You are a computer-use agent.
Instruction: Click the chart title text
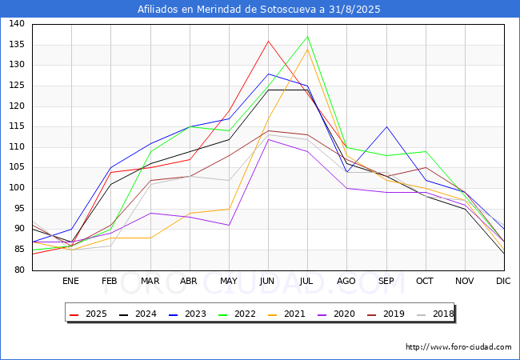click(x=259, y=10)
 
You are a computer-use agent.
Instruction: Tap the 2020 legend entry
click(x=344, y=314)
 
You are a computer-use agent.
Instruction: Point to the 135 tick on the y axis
click(x=17, y=45)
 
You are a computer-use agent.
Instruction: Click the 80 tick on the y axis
click(x=19, y=270)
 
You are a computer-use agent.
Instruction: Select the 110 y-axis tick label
click(x=17, y=147)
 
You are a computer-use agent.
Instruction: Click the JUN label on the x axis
click(x=268, y=281)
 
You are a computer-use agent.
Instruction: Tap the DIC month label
click(x=503, y=281)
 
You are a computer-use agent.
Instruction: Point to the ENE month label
click(x=70, y=281)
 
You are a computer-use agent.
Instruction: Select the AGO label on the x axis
click(x=346, y=281)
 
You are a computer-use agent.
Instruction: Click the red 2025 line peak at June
click(x=268, y=41)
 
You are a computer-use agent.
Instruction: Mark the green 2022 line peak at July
click(x=307, y=37)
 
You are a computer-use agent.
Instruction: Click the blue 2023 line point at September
click(x=386, y=126)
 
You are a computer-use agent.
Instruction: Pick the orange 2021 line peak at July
click(x=307, y=49)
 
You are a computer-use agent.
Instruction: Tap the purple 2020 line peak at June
click(x=268, y=139)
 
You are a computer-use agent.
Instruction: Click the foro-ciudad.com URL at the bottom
click(x=458, y=347)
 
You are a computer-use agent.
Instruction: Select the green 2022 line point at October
click(x=425, y=151)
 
